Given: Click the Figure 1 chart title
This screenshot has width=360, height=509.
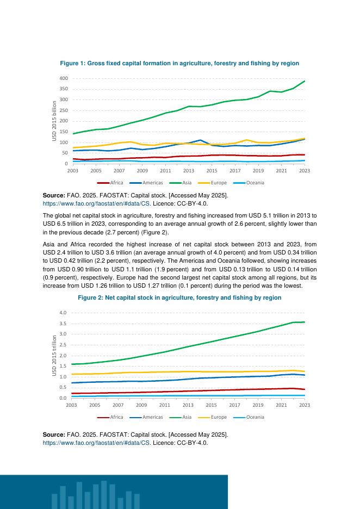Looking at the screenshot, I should [x=179, y=64].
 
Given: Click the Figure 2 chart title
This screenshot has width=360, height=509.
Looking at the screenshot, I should [x=179, y=297].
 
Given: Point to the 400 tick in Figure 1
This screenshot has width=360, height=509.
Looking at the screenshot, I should [x=64, y=79].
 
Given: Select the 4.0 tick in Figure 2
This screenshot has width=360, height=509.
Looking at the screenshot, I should [x=63, y=313].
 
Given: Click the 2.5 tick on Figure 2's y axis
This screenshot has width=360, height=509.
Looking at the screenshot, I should [x=63, y=345].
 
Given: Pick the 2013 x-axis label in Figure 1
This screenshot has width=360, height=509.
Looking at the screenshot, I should [x=189, y=171].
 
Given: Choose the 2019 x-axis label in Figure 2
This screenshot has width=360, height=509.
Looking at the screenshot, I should [x=258, y=405].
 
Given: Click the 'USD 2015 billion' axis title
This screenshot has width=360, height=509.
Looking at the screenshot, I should [x=54, y=121].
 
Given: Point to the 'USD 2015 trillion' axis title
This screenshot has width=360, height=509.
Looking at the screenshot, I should [x=54, y=355].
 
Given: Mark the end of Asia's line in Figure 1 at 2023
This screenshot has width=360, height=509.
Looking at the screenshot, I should [x=305, y=81].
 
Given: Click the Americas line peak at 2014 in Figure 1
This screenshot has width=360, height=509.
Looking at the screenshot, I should [x=200, y=140].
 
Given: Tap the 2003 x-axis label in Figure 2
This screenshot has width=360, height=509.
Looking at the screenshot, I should [x=72, y=405].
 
